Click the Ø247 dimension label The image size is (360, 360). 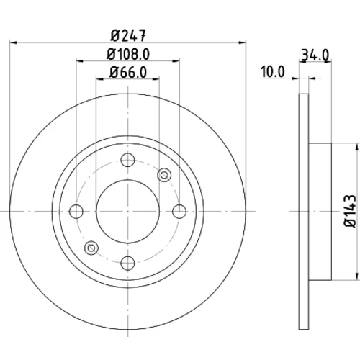[x=128, y=36]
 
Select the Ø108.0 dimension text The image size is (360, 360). [x=128, y=54]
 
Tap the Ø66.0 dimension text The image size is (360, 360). [x=128, y=72]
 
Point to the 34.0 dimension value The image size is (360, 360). [x=315, y=55]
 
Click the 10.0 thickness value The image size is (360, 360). [x=273, y=72]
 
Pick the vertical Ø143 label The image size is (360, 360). [x=350, y=211]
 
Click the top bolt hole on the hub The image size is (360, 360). [x=127, y=160]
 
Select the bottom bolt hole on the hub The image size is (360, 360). [x=127, y=263]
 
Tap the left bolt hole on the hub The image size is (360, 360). [x=76, y=212]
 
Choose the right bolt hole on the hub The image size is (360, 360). [x=179, y=212]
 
